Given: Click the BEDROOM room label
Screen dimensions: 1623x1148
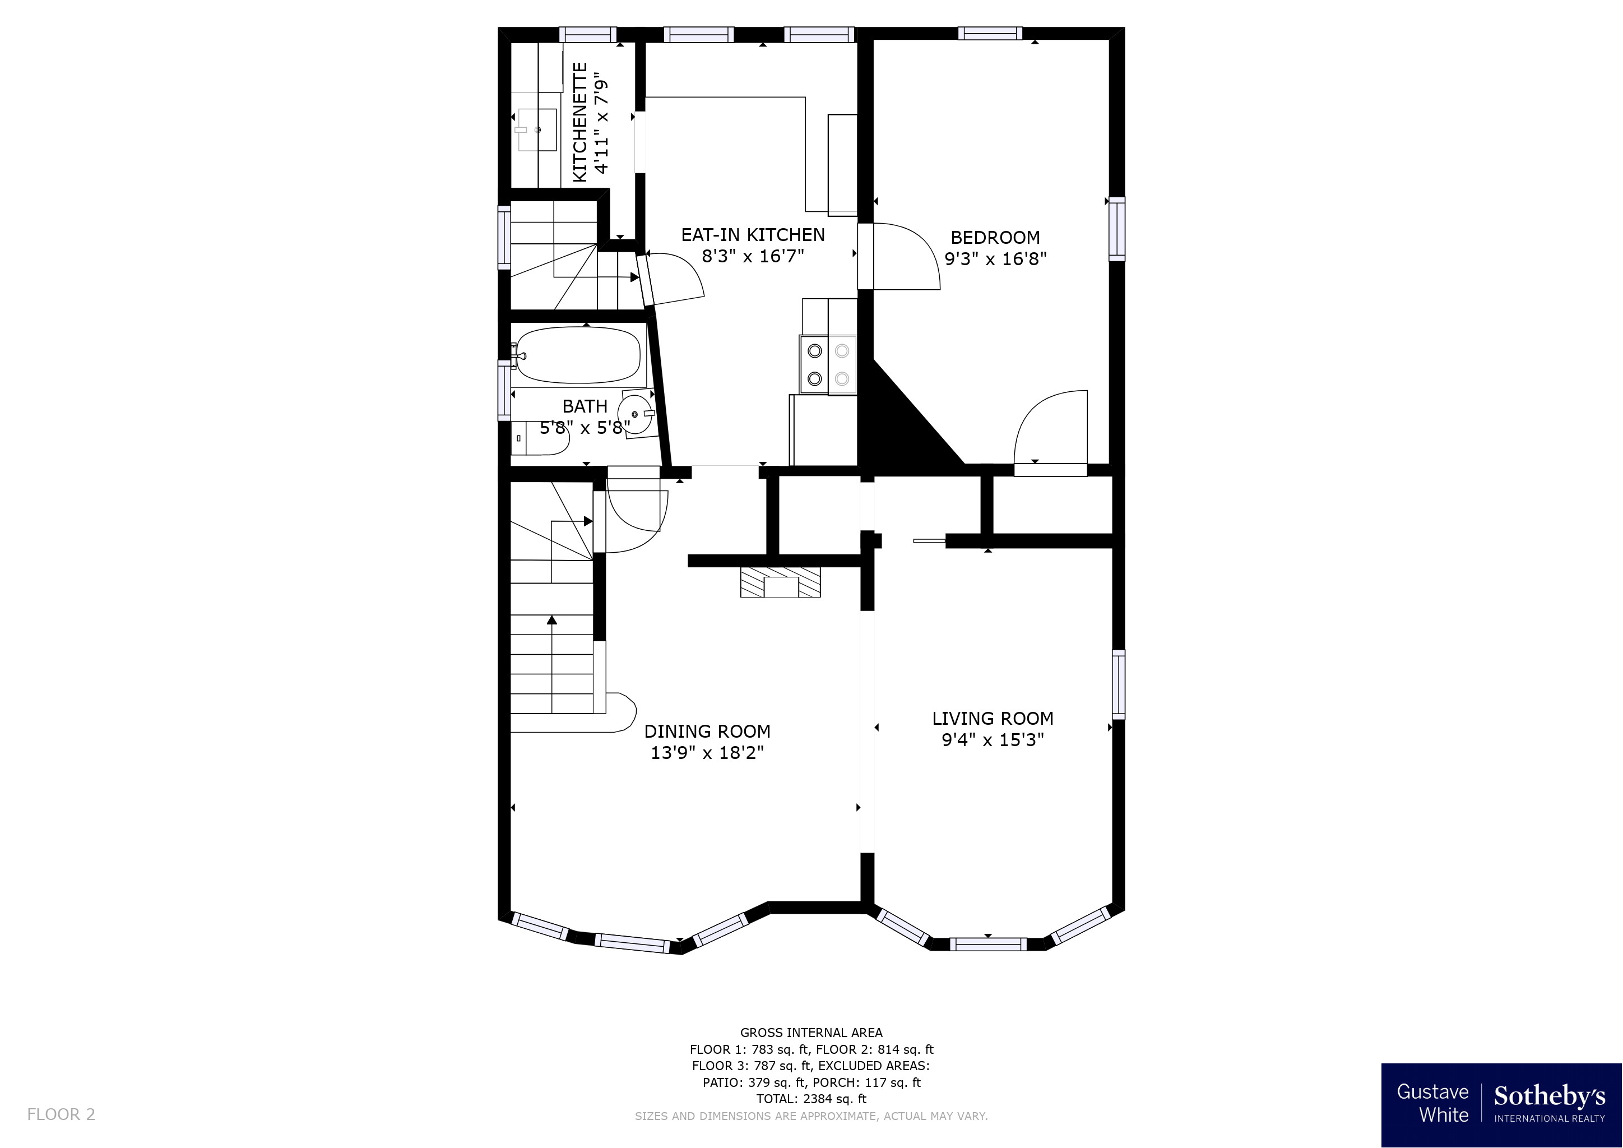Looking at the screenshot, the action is tap(995, 238).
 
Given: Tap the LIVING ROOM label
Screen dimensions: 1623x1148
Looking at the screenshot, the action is tap(993, 719).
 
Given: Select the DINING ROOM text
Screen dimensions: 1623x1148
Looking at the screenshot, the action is tap(707, 732).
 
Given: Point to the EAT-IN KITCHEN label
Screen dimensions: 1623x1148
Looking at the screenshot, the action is tap(753, 235).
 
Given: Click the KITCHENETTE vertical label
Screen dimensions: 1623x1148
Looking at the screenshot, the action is tap(579, 122).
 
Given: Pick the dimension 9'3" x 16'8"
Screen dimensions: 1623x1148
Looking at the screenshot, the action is tap(995, 259).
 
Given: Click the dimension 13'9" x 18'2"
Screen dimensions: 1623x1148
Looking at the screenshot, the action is tap(707, 753).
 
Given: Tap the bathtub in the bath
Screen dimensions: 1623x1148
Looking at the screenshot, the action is tap(578, 355).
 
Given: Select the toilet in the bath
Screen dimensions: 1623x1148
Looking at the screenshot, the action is tap(541, 439).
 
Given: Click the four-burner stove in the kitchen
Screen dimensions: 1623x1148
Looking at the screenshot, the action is tap(828, 364).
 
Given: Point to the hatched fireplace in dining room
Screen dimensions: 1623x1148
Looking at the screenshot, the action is tap(781, 582).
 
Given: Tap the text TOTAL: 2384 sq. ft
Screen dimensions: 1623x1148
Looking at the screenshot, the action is tap(811, 1099).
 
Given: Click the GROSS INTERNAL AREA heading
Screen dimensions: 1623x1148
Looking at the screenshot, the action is tap(811, 1033).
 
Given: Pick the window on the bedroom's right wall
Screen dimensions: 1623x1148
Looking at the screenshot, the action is tap(1116, 229).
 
